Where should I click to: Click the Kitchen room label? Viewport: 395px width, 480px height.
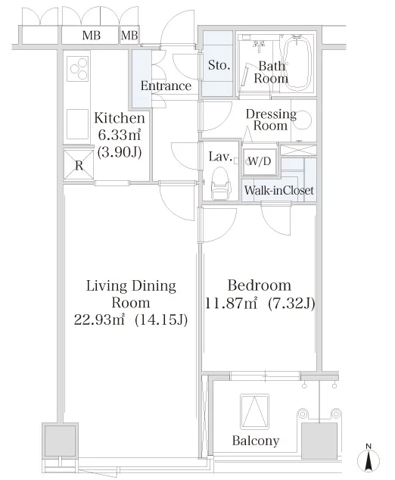pyautogui.click(x=120, y=118)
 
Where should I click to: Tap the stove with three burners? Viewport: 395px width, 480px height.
pyautogui.click(x=78, y=69)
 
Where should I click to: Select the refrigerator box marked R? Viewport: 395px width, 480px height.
pyautogui.click(x=79, y=165)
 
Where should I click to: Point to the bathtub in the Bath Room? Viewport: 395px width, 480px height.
pyautogui.click(x=297, y=64)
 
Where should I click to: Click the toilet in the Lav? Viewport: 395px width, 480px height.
pyautogui.click(x=220, y=183)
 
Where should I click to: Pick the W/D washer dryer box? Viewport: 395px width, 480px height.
pyautogui.click(x=260, y=161)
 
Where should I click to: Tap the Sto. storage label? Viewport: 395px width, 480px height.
pyautogui.click(x=219, y=65)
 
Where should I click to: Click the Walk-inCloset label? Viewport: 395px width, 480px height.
pyautogui.click(x=279, y=190)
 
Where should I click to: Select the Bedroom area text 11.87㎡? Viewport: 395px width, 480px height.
pyautogui.click(x=231, y=304)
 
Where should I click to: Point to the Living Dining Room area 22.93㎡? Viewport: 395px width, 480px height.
pyautogui.click(x=100, y=319)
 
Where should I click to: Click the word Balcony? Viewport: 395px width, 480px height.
pyautogui.click(x=256, y=441)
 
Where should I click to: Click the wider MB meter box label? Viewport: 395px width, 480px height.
pyautogui.click(x=91, y=36)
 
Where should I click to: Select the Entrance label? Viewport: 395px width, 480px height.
pyautogui.click(x=166, y=86)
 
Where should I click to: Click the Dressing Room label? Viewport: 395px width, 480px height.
pyautogui.click(x=271, y=120)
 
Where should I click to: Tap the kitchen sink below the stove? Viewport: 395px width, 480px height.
pyautogui.click(x=78, y=124)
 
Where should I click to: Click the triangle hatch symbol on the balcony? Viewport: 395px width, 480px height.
pyautogui.click(x=254, y=411)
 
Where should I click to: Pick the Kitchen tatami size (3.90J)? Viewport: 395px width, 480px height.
pyautogui.click(x=120, y=151)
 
